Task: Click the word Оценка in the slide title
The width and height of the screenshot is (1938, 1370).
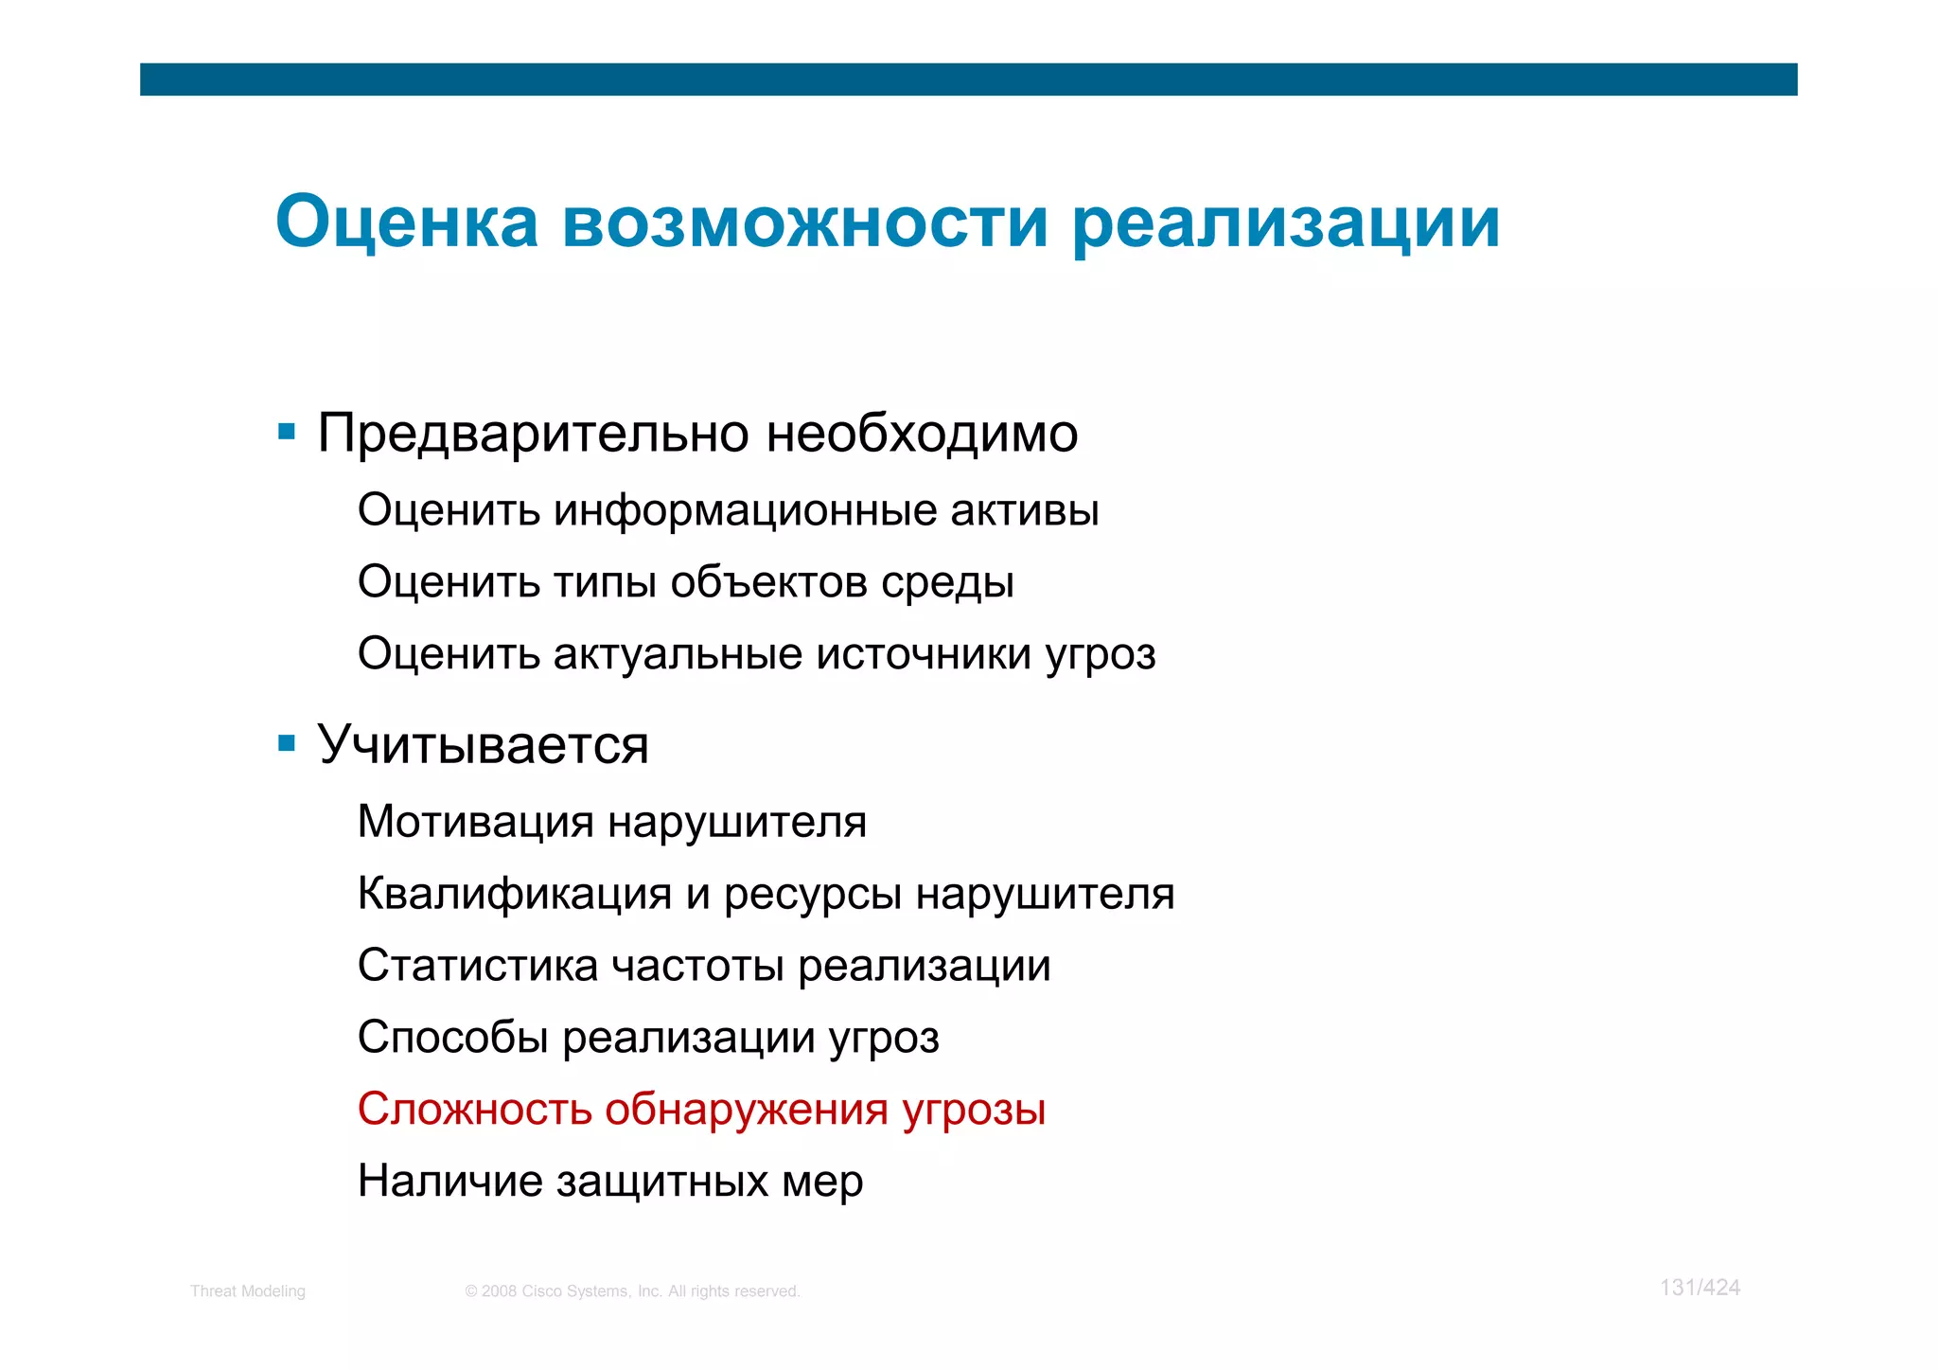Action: (407, 223)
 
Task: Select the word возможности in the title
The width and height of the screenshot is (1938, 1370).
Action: (805, 223)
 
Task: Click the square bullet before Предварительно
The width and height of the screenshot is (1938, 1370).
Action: (287, 433)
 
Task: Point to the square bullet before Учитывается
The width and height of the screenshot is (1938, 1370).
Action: (287, 743)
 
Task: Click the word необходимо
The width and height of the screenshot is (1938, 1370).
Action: (922, 434)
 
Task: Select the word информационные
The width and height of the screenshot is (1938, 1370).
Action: (745, 511)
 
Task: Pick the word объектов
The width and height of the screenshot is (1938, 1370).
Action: (769, 582)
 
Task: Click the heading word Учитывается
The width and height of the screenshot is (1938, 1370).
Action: (483, 745)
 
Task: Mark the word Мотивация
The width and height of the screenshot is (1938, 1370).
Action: (476, 822)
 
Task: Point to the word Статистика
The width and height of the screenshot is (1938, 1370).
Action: (478, 966)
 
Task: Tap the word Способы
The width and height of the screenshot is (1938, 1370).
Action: (453, 1038)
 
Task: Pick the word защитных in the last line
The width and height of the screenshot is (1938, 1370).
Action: (661, 1182)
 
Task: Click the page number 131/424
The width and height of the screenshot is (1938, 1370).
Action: (1700, 1288)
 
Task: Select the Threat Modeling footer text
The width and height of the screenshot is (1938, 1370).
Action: (248, 1291)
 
